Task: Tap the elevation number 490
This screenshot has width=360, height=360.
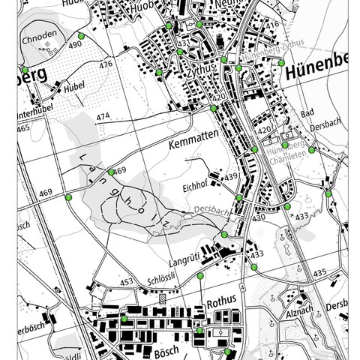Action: [74, 46]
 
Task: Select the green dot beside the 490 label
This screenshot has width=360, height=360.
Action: [80, 35]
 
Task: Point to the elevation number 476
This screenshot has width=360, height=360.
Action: [105, 64]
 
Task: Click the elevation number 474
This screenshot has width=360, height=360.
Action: [103, 116]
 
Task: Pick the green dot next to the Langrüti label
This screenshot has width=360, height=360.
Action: [223, 235]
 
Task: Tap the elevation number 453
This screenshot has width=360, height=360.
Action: [126, 282]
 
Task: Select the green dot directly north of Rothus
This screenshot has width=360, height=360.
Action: [200, 277]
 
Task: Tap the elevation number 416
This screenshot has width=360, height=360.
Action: [271, 25]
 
